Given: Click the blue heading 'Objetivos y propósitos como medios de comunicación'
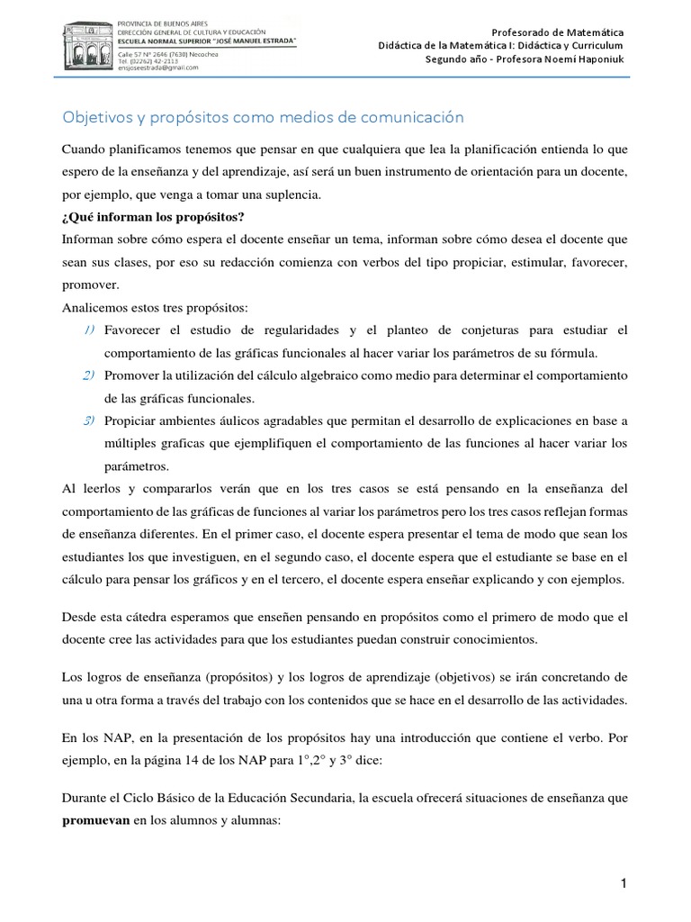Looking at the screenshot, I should (x=262, y=117).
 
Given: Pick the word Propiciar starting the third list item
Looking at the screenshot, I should (x=133, y=420).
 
